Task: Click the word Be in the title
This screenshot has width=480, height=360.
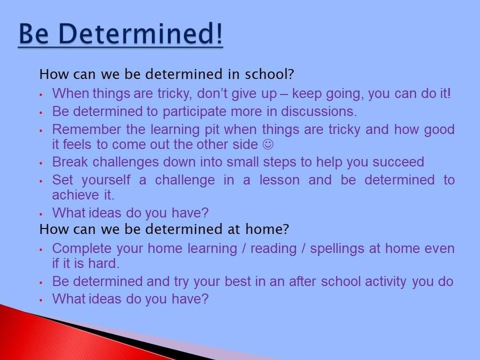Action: pyautogui.click(x=34, y=33)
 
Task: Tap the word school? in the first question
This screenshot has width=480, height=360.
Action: pyautogui.click(x=269, y=74)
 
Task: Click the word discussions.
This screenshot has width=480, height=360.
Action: pyautogui.click(x=319, y=111)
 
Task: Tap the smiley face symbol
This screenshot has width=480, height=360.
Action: pyautogui.click(x=268, y=144)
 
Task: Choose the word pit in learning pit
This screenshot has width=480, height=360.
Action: pyautogui.click(x=211, y=130)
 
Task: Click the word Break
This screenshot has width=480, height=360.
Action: pyautogui.click(x=70, y=162)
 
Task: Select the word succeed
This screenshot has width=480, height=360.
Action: pyautogui.click(x=398, y=162)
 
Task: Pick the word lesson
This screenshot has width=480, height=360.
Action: pyautogui.click(x=280, y=179)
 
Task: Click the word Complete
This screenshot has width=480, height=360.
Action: pyautogui.click(x=82, y=249)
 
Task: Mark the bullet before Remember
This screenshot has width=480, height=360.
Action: pyautogui.click(x=40, y=130)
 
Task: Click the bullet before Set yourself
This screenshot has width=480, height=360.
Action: pyautogui.click(x=40, y=181)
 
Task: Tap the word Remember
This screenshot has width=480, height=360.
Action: pyautogui.click(x=86, y=129)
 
